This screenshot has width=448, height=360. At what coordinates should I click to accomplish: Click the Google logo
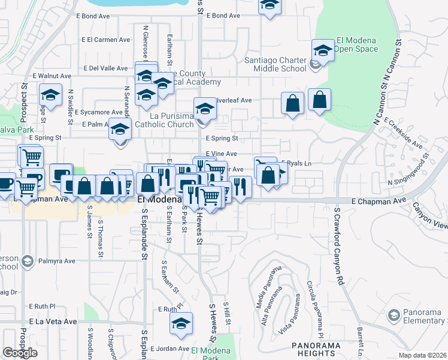coord(20,353)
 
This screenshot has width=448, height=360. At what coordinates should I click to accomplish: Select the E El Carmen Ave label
coord(106,40)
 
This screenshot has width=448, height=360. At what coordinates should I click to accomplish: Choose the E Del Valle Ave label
coord(105,68)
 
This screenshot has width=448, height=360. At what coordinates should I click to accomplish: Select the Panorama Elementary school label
coord(417,316)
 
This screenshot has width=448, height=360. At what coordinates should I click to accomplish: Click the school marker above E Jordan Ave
coord(181,324)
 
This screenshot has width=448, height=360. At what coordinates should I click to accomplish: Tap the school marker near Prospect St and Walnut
coord(51,94)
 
